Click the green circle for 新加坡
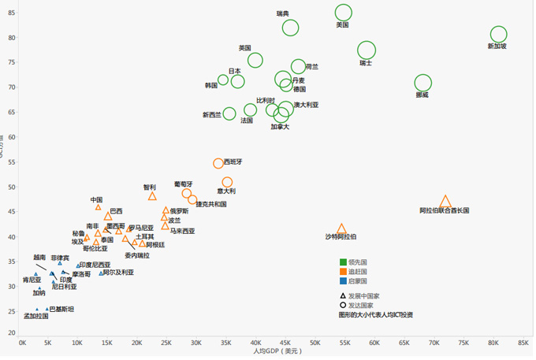pos(498,34)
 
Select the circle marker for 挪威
pos(423,83)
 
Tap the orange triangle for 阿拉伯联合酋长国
pos(445,202)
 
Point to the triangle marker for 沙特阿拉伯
pos(341,228)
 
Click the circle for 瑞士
pos(367,50)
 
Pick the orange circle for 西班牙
pos(218,163)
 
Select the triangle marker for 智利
pos(152,196)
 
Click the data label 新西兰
pos(212,115)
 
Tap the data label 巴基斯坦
pos(62,309)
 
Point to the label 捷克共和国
pos(211,203)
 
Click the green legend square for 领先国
pos(343,262)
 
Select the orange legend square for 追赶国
pos(343,271)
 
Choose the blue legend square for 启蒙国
pos(343,280)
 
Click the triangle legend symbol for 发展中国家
pos(343,295)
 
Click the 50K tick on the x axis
pos(315,343)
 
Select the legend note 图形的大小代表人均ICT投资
pos(375,314)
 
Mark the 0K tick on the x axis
pos(23,343)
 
